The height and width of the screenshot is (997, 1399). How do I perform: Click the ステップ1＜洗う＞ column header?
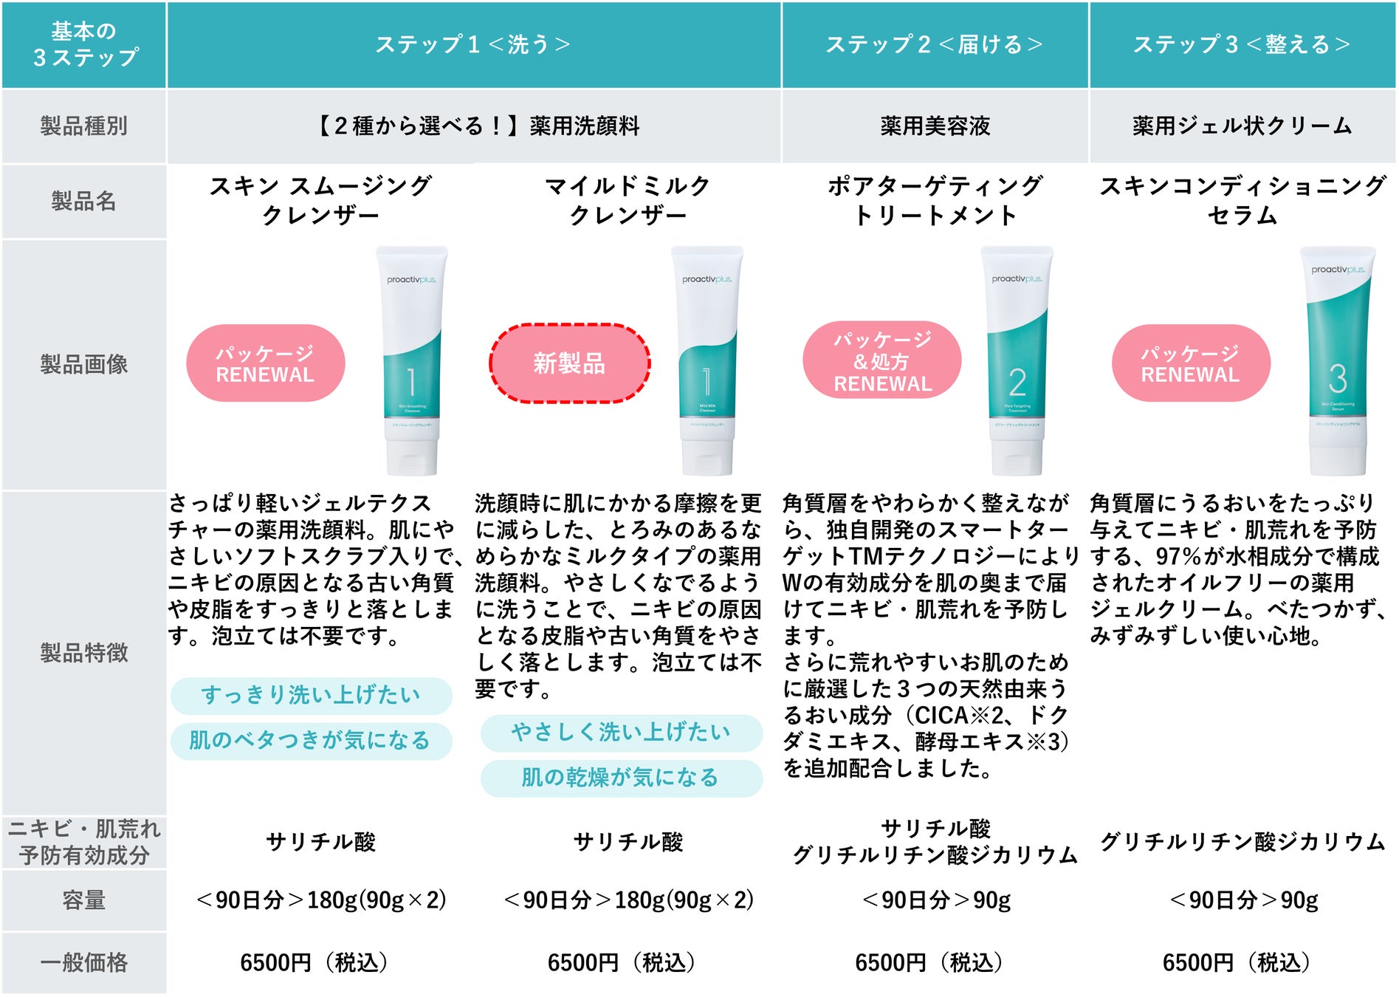pyautogui.click(x=473, y=44)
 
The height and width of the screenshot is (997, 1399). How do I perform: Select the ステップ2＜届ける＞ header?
pyautogui.click(x=935, y=44)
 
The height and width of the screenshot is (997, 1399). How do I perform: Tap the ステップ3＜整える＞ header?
pyautogui.click(x=1242, y=44)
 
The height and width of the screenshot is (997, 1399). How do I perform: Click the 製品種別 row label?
pyautogui.click(x=83, y=126)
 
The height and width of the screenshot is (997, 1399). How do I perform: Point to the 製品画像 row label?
pyautogui.click(x=83, y=364)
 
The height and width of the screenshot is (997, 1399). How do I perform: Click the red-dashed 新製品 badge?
pyautogui.click(x=569, y=363)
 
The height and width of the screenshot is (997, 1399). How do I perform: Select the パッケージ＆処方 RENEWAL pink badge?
pyautogui.click(x=882, y=361)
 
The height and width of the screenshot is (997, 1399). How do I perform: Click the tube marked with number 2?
pyautogui.click(x=1017, y=362)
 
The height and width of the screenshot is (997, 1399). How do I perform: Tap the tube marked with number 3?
pyautogui.click(x=1337, y=362)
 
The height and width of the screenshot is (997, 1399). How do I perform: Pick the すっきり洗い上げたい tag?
pyautogui.click(x=311, y=695)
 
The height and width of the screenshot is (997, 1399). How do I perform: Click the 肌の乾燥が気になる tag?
pyautogui.click(x=621, y=778)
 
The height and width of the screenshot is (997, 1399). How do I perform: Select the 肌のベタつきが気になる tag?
pyautogui.click(x=311, y=740)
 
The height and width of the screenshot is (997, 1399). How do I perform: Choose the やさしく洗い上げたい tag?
pyautogui.click(x=621, y=732)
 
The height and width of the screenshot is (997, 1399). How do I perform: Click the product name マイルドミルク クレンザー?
pyautogui.click(x=628, y=200)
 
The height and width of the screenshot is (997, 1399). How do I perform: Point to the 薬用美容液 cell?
pyautogui.click(x=935, y=126)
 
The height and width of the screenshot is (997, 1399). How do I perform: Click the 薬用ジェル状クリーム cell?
pyautogui.click(x=1242, y=126)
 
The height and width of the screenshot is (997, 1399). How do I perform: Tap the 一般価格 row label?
pyautogui.click(x=83, y=962)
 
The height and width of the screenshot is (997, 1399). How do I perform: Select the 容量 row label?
pyautogui.click(x=83, y=900)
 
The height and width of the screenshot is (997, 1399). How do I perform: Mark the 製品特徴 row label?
pyautogui.click(x=83, y=653)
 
